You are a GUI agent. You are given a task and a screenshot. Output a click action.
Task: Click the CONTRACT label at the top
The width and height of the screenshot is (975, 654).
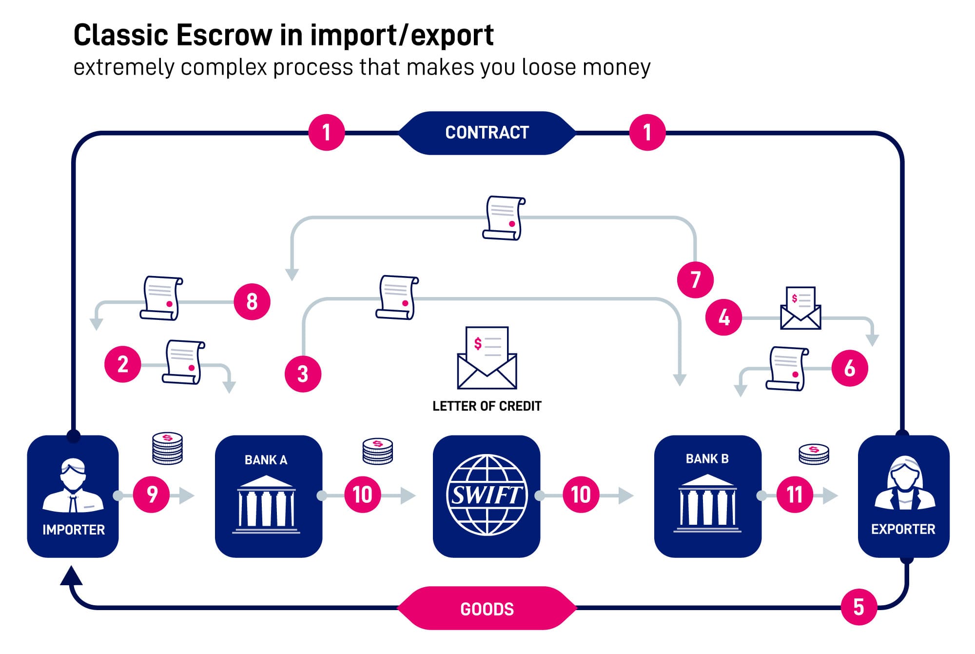coord(487,133)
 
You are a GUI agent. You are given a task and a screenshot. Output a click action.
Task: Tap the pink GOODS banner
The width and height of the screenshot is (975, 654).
coord(487,608)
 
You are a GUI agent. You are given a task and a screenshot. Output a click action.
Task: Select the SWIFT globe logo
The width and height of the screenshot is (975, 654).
coord(487,495)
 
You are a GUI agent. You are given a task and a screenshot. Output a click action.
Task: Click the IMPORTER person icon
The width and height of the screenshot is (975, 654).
coord(73,485)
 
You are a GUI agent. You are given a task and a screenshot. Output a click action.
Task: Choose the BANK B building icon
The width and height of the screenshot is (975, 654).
coord(707,503)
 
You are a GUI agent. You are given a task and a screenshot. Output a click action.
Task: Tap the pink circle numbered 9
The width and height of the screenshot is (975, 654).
coord(152,495)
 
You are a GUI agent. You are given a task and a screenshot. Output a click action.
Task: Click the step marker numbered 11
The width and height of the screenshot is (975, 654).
coord(795,495)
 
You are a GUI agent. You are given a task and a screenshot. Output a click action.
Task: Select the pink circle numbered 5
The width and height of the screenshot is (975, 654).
coord(859,607)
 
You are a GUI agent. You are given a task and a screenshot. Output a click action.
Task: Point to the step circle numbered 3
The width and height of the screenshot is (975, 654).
coord(303,374)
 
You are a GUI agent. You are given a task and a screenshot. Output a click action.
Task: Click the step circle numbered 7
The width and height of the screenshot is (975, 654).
coord(695,279)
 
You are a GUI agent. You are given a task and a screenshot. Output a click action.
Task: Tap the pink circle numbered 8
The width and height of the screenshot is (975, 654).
coord(252,301)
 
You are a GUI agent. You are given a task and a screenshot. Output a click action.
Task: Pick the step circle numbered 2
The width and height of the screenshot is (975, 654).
coord(123,364)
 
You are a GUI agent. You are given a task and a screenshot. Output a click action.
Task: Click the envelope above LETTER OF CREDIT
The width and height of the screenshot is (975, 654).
coord(487,358)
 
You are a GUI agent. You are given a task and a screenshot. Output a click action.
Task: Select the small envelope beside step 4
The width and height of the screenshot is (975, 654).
coord(800,308)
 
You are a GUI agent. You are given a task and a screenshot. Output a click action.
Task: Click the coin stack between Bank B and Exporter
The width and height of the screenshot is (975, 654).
coord(814,454)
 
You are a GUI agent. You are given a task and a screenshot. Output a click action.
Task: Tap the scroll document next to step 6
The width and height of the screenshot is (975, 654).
coord(787,369)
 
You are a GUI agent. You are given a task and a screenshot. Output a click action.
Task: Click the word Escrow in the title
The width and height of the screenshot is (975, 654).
coord(224,35)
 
